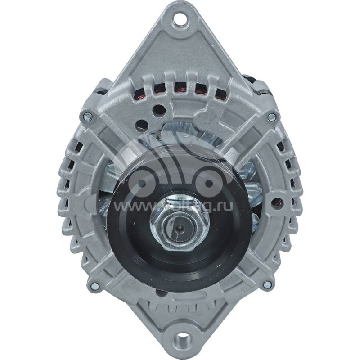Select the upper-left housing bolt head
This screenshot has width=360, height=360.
88,116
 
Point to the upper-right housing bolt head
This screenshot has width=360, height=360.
272,117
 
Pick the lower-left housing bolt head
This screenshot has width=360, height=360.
94,286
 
